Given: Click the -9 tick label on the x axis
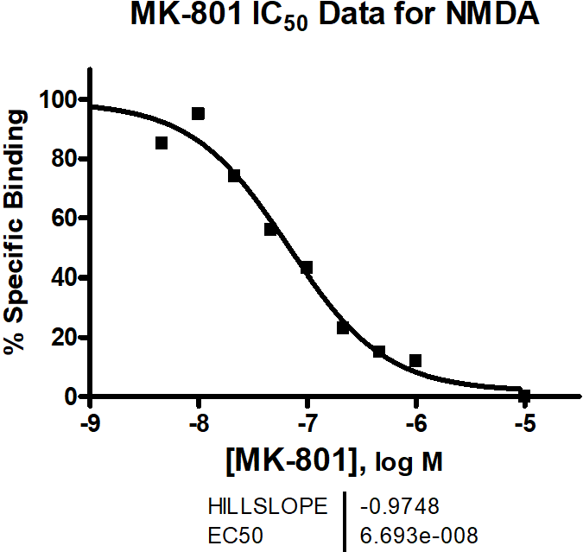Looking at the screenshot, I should (x=90, y=424).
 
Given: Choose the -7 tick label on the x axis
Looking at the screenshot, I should (x=307, y=424).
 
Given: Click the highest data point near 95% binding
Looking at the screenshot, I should (x=198, y=114).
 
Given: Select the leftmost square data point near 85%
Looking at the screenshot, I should (x=162, y=143).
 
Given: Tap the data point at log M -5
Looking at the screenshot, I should (x=524, y=396).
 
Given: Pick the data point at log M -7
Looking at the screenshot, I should (x=307, y=268).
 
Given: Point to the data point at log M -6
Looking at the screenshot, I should (x=415, y=360).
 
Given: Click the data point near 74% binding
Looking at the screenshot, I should (x=234, y=175).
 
